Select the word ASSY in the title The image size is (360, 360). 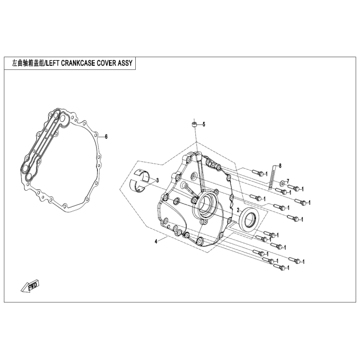[x=125, y=63]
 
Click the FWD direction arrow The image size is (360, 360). [x=30, y=286]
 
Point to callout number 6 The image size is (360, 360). [x=106, y=137]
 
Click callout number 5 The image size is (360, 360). [x=204, y=124]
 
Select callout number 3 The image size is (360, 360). [x=157, y=181]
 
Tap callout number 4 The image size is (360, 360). [x=156, y=242]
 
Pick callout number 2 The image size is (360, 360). [x=238, y=210]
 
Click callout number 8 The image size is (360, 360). [x=280, y=165]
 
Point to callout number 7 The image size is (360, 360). [x=288, y=181]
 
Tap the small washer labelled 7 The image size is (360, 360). [x=282, y=184]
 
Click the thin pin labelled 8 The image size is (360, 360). [x=272, y=177]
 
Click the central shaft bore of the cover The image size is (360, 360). [x=206, y=203]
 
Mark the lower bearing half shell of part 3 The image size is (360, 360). [x=138, y=185]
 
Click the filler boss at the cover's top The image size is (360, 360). [x=199, y=156]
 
